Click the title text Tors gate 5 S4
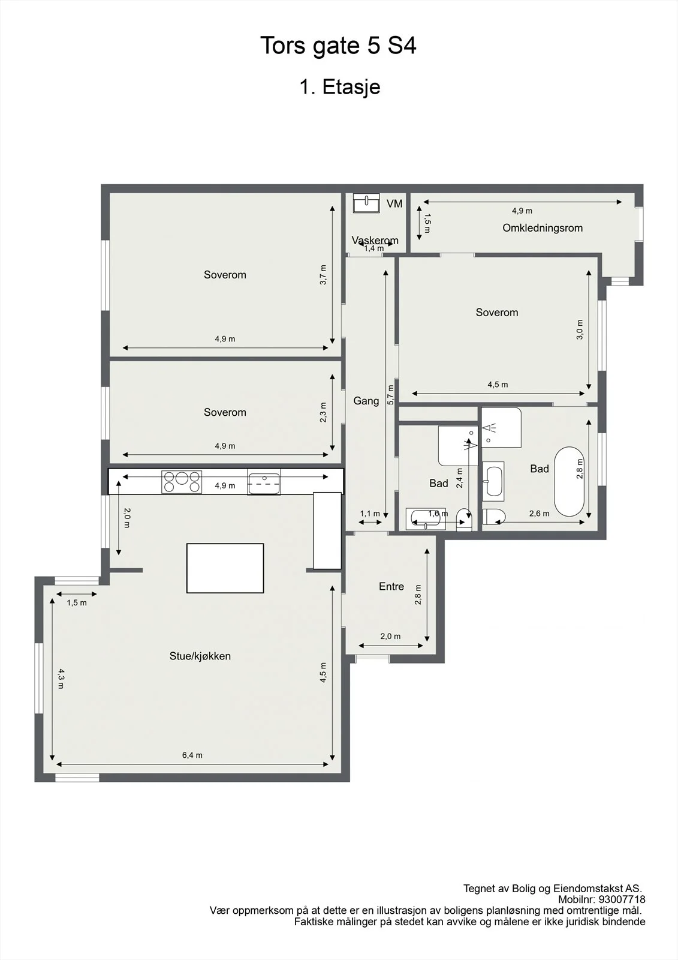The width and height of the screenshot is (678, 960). tap(338, 46)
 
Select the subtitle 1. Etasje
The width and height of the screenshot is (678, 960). tap(340, 87)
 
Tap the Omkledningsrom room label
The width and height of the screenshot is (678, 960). tap(543, 227)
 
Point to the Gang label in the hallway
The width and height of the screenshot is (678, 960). tap(366, 401)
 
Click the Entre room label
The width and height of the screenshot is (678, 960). tap(391, 586)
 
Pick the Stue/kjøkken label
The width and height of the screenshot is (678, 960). tap(200, 656)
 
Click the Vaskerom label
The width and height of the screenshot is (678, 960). tap(375, 240)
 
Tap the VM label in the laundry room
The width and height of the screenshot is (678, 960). tap(394, 203)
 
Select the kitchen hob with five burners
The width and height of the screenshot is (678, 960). tap(182, 482)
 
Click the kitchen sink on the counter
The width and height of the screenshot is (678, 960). tap(264, 482)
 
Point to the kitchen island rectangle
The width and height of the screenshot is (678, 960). tap(225, 568)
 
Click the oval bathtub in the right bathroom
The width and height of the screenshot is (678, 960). tap(569, 482)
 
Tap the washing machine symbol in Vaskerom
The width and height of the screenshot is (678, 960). tap(367, 203)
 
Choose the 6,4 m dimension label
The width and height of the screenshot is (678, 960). tap(192, 755)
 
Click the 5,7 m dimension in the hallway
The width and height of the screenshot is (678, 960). tap(390, 395)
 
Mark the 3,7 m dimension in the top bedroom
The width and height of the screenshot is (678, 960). tap(323, 274)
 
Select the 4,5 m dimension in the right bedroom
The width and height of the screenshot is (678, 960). tap(498, 385)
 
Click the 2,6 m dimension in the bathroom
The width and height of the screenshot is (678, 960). tap(540, 514)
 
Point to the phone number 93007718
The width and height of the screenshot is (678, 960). tap(620, 899)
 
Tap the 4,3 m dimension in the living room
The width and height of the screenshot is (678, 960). tap(61, 679)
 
